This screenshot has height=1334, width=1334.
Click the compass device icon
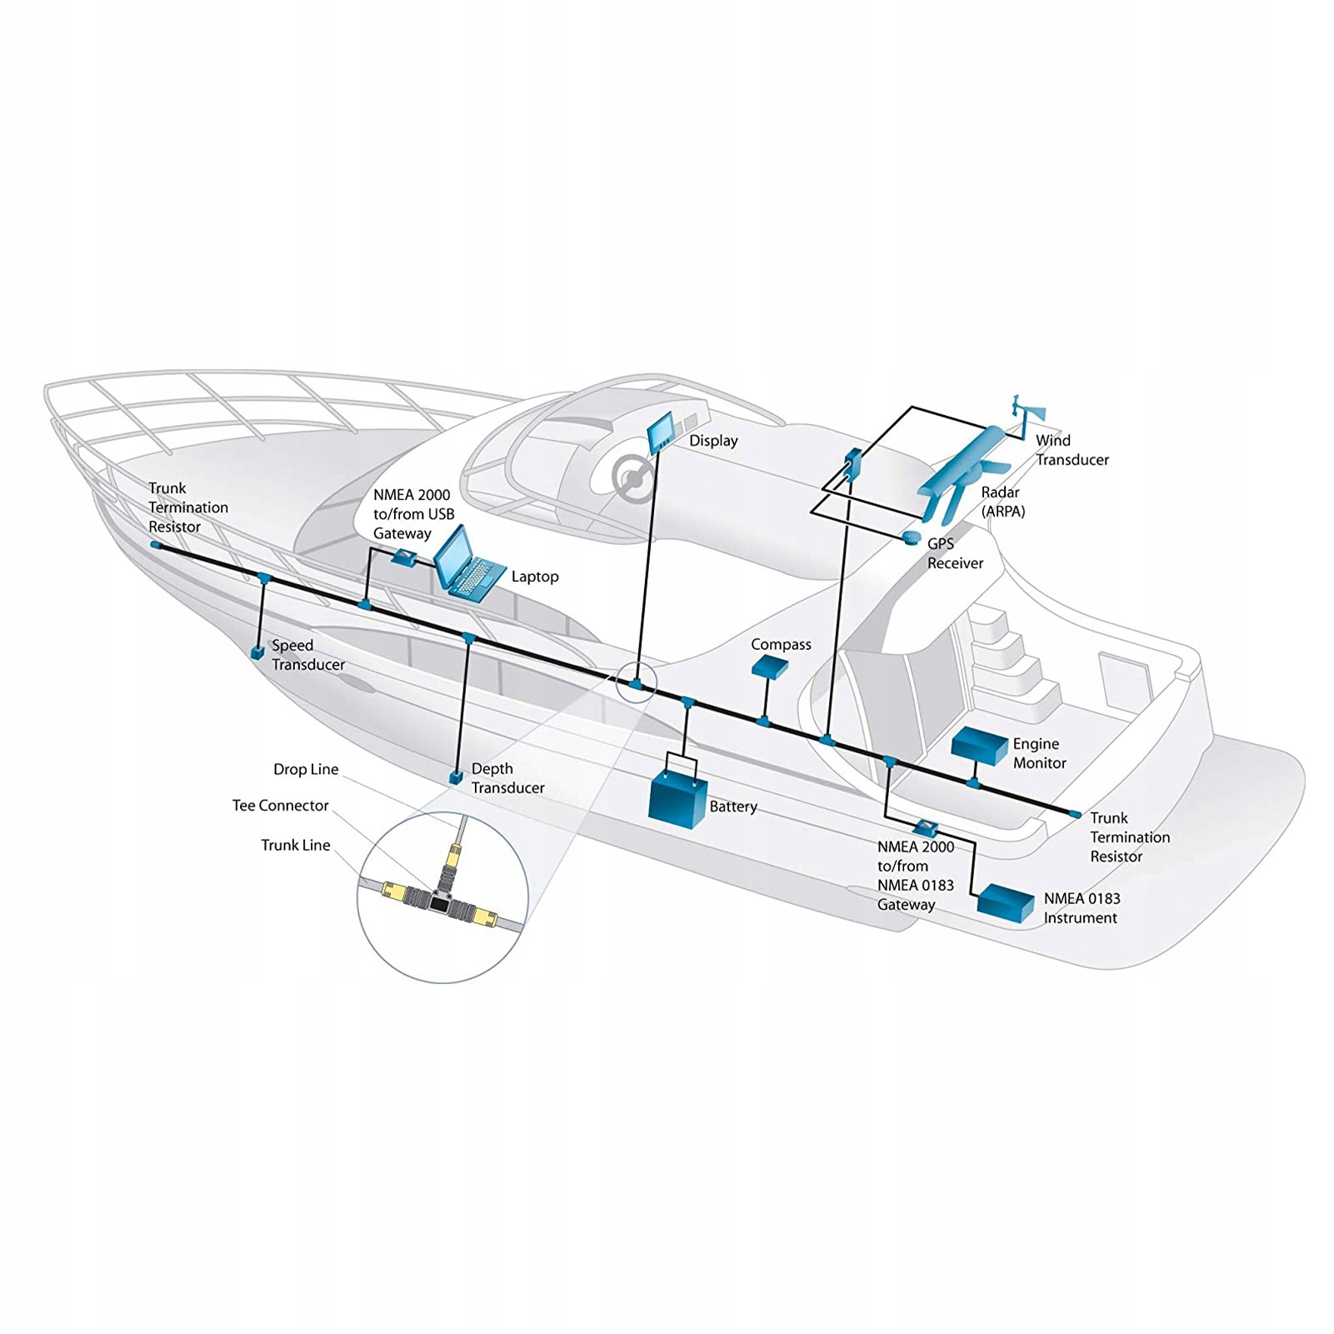point(770,665)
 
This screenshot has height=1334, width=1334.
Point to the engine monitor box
point(980,746)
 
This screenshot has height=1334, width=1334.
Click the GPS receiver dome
point(912,538)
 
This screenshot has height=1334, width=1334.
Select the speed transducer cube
point(258,652)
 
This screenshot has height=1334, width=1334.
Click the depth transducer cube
point(455,777)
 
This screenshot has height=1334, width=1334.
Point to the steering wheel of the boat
point(632,477)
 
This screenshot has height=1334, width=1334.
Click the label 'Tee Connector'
point(280,806)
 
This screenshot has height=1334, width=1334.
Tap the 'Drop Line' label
point(306,769)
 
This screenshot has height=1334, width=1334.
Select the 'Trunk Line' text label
point(296,845)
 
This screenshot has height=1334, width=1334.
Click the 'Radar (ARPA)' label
point(1002,502)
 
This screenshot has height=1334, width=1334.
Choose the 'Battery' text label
point(733,807)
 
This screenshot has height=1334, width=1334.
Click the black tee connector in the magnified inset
point(438,899)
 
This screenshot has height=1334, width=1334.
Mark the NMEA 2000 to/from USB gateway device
point(406,557)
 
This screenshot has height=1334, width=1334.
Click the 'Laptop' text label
point(535,577)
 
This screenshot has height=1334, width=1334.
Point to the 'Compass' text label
point(781,644)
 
